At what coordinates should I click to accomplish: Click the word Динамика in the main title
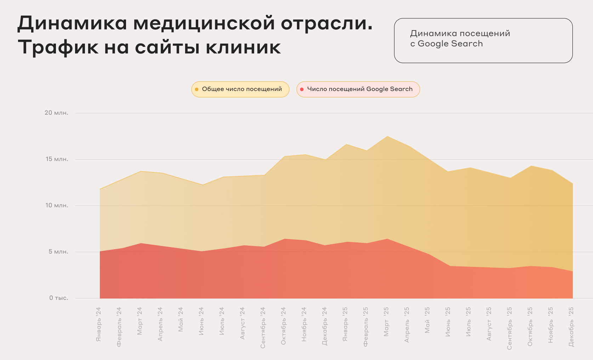click(72, 23)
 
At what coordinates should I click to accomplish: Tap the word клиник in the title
click(243, 47)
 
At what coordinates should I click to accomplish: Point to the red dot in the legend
click(302, 89)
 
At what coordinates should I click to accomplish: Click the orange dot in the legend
click(197, 89)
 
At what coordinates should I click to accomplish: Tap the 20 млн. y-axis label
click(56, 113)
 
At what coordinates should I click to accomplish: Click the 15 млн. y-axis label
click(57, 159)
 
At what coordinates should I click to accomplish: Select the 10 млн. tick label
click(57, 206)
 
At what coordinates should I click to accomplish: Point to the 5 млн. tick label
click(58, 252)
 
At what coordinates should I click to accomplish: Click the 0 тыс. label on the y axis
click(59, 298)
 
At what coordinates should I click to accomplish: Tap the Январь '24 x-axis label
click(98, 324)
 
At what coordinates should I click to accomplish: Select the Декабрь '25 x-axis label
click(571, 327)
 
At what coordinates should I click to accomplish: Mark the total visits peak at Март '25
click(387, 136)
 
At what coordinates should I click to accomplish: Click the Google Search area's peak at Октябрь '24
click(284, 239)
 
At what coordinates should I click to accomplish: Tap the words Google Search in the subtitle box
click(450, 44)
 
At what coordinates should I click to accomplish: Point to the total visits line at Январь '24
click(100, 189)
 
